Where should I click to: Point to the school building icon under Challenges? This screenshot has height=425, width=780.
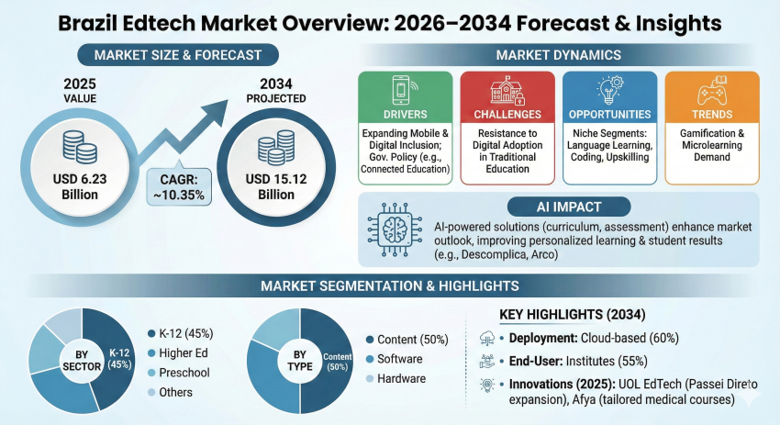point(507,90)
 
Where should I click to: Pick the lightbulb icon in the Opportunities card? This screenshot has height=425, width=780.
point(607,91)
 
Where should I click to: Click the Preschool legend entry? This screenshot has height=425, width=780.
point(183,373)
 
